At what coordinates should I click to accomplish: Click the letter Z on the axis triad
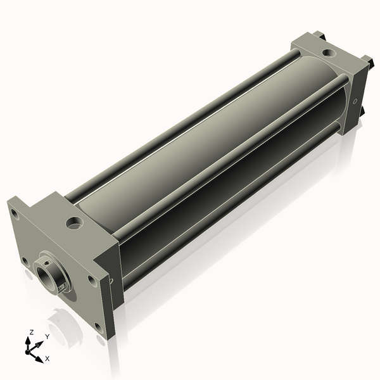(x=31, y=332)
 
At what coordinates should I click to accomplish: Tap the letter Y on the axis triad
(x=47, y=336)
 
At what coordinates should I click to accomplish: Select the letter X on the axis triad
(x=47, y=358)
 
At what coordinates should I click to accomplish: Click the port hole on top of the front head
(x=75, y=223)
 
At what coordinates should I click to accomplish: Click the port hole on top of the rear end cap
(x=329, y=53)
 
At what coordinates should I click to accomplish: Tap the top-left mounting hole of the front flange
(x=14, y=214)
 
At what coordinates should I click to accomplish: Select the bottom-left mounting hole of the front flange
(x=25, y=261)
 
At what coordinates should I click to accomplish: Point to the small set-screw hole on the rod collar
(x=48, y=262)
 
